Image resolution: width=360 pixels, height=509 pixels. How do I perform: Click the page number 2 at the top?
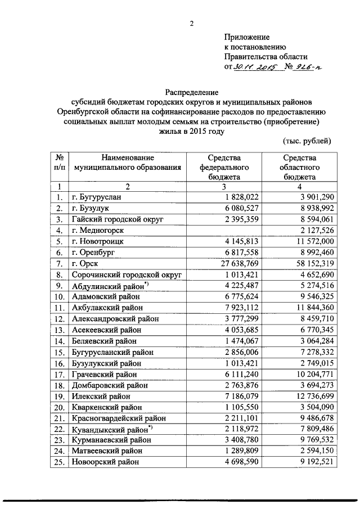(191, 24)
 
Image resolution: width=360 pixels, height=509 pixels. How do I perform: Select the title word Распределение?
(191, 91)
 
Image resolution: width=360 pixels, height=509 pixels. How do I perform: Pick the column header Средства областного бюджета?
(301, 166)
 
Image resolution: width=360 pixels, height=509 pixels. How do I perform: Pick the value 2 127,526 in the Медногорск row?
(318, 229)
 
